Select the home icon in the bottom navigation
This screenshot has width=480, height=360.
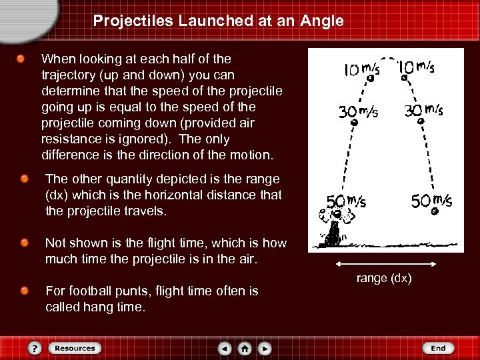click(x=245, y=348)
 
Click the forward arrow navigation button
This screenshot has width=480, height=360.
click(x=265, y=348)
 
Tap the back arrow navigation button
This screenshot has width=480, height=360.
click(x=225, y=348)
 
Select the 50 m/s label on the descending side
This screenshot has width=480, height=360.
click(x=431, y=200)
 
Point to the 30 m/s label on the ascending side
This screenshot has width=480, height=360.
click(x=357, y=112)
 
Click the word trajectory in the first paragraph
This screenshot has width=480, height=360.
click(x=67, y=75)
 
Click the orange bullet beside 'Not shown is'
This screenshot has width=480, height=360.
click(x=24, y=243)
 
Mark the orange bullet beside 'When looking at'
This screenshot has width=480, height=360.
click(x=22, y=59)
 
